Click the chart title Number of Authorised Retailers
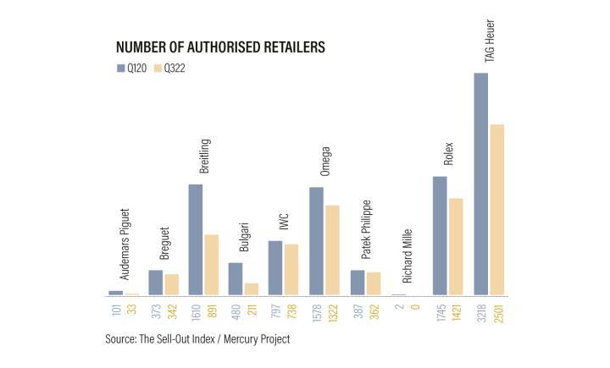coord(219,47)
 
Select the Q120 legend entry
coord(129,68)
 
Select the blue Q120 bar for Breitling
coord(195,240)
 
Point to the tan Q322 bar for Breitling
coord(211,265)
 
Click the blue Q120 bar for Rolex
coord(440,236)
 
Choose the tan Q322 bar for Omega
coord(332,250)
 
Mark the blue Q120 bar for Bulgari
coord(236,279)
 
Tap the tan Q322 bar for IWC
coord(291,270)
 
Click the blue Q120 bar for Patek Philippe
coord(358,283)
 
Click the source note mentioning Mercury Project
coord(197,340)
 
